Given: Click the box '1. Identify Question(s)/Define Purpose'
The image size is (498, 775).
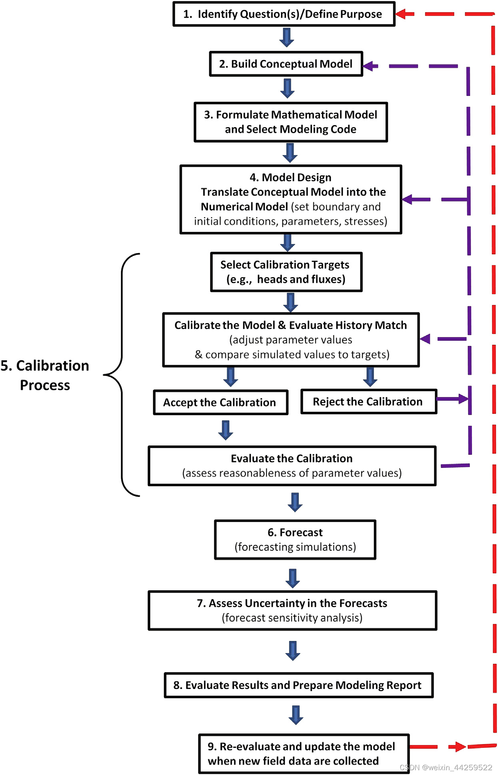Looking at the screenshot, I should point(284,14).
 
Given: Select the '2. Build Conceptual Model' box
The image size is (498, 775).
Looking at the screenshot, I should point(286,64).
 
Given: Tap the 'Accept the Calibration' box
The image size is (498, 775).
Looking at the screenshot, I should point(220,402).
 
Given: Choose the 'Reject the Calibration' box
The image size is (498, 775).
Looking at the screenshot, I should point(368,401).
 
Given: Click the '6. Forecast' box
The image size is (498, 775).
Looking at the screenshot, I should point(295,539).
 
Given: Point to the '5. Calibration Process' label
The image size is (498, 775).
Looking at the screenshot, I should point(45,375).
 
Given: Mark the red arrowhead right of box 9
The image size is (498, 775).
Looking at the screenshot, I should point(458,747).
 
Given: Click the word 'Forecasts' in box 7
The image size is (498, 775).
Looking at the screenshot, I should point(363,603).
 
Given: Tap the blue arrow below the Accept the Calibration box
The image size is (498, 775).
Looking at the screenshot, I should point(226,430).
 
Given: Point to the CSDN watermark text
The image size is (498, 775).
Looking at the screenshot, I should point(446,767).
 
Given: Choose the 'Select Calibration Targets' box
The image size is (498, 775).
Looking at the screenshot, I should point(286,272).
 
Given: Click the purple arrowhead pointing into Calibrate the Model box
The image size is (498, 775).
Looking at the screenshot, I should point(425,339).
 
